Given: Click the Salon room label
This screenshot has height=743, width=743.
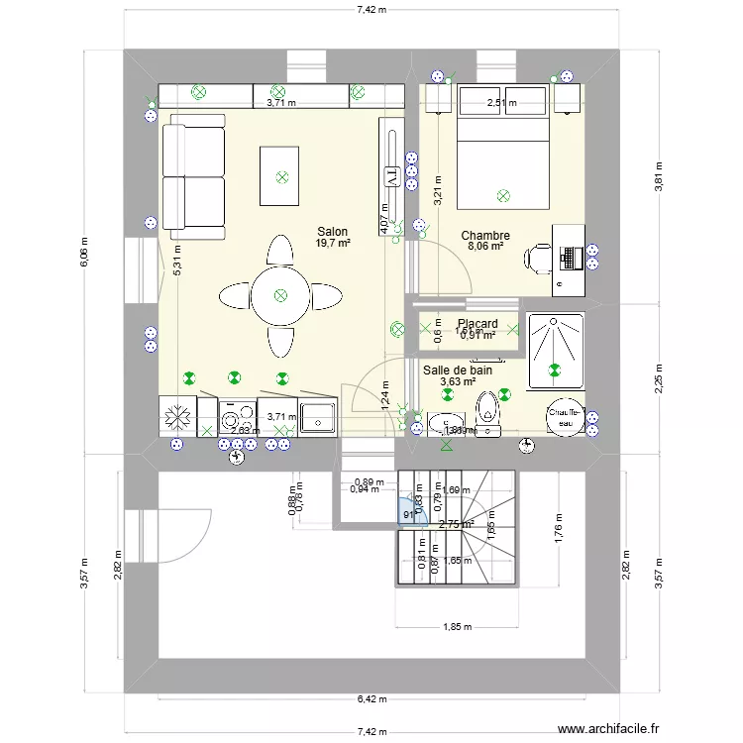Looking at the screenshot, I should click(x=332, y=231).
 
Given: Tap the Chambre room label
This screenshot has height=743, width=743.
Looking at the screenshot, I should click(x=485, y=236).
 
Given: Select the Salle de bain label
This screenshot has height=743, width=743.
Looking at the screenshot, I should click(x=458, y=370).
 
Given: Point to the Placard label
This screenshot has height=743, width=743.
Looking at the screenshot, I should click(x=477, y=324).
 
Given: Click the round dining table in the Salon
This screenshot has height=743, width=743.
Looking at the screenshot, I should click(x=280, y=294).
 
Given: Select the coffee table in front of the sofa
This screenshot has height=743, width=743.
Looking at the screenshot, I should click(x=280, y=176).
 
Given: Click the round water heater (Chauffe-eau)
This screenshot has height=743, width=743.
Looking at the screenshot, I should click(x=565, y=417).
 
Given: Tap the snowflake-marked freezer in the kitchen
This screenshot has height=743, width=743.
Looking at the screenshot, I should click(x=178, y=416).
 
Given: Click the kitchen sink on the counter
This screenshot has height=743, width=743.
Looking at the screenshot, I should click(x=319, y=417).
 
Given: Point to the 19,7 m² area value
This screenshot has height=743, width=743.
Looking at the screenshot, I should click(x=333, y=243).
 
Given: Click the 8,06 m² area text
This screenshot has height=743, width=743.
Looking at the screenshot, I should click(x=485, y=248).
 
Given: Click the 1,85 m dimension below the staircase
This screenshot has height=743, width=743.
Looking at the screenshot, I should click(x=457, y=626).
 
